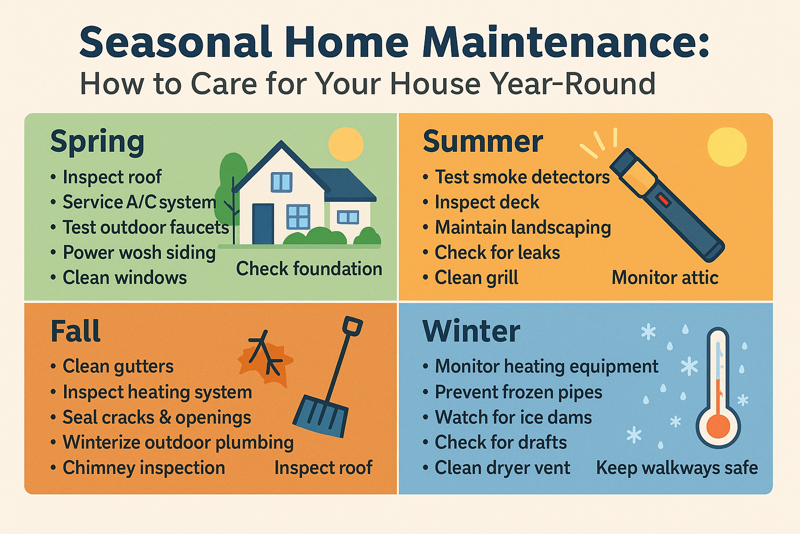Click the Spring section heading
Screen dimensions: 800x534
coord(97,143)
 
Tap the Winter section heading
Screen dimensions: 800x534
coord(471,331)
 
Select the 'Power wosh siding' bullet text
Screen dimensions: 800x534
coord(139,252)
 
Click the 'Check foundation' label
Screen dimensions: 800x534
coord(309,269)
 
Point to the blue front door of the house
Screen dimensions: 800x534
coord(263,224)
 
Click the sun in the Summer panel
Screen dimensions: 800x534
coord(727,147)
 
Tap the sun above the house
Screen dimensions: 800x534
coord(346,144)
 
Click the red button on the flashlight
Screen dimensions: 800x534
coord(664,200)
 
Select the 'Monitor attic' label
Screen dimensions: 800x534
coord(665,278)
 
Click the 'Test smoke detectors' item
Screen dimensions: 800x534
coord(522,177)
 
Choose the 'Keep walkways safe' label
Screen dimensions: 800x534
coord(677,468)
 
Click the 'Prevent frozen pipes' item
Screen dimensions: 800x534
coord(518,392)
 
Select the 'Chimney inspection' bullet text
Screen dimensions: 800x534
coord(144,468)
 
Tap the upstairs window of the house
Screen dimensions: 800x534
coord(281,181)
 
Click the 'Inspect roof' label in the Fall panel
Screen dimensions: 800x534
coord(323,468)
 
